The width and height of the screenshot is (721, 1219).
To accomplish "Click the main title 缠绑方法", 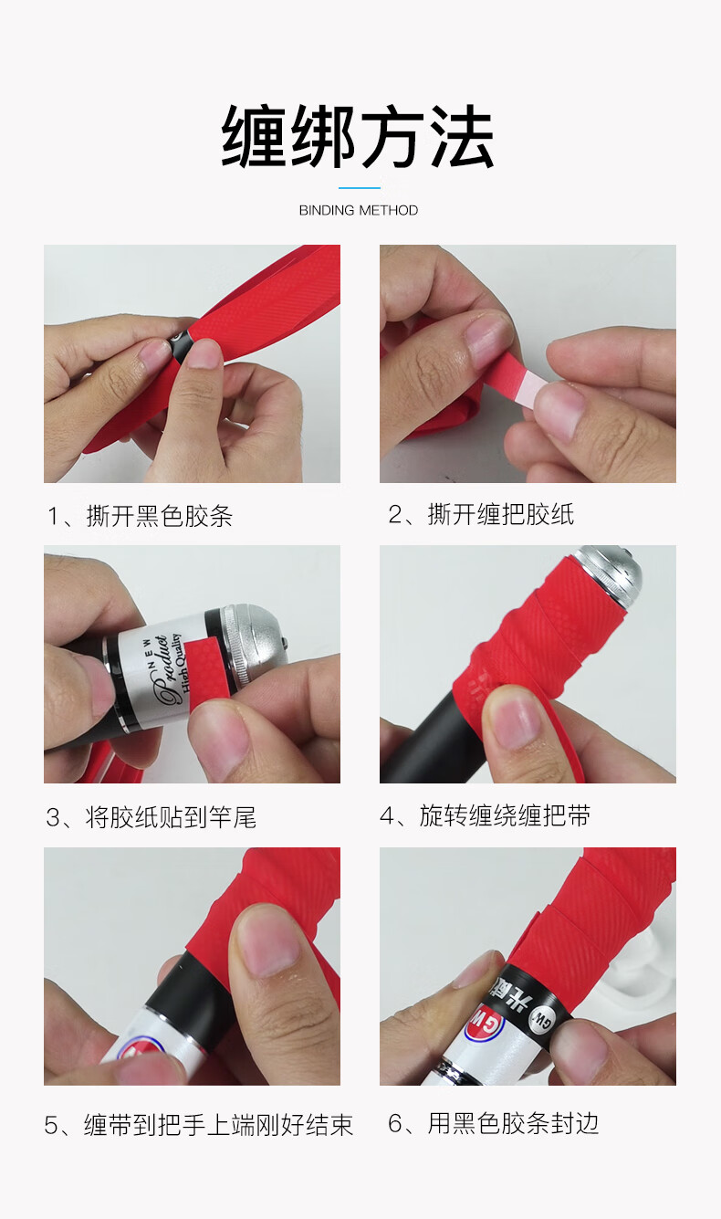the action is pos(358,137).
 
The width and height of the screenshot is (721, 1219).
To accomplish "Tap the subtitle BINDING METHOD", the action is pos(359,211).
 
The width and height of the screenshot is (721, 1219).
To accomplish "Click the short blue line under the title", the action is pos(360,188).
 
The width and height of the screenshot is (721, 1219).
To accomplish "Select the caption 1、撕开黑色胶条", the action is pos(141,516).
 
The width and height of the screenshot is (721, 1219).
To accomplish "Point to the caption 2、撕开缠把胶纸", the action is pos(481,514).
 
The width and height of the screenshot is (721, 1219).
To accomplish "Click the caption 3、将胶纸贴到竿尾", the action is pos(152,817).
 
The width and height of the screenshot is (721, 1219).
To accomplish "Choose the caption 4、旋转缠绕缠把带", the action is pos(485,815).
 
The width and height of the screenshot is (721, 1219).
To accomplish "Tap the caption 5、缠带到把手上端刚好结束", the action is pos(199,1125).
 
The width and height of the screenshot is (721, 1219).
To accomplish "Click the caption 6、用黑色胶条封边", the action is pos(493,1123).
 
